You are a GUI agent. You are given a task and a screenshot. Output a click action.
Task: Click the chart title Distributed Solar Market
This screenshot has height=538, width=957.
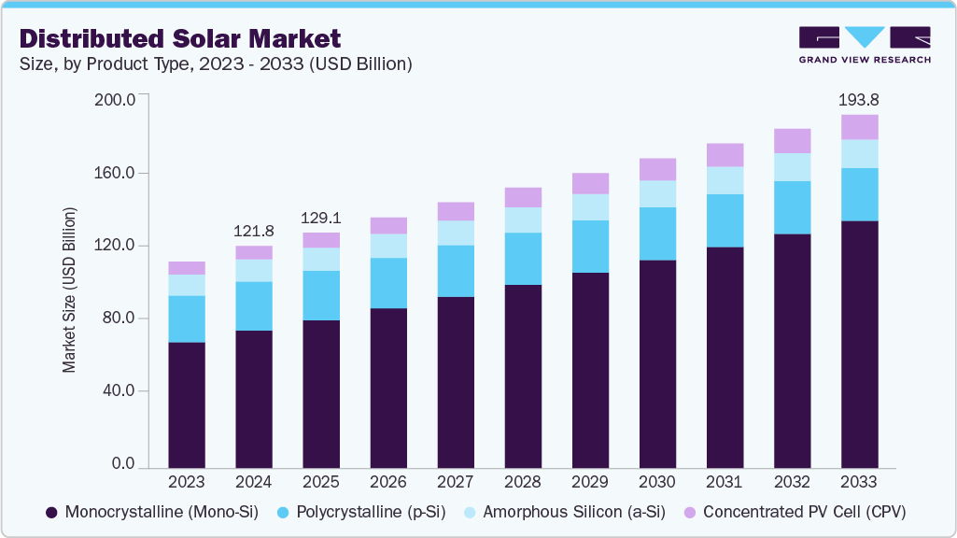pos(180,38)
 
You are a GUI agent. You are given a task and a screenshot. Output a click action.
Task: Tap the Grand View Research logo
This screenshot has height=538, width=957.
pos(864,44)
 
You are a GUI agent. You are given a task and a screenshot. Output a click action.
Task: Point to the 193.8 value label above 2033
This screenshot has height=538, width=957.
pos(859,99)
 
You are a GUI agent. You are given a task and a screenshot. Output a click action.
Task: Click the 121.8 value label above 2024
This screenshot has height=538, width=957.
pos(254,231)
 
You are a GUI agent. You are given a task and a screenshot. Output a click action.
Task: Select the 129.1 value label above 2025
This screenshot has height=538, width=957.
pos(321,218)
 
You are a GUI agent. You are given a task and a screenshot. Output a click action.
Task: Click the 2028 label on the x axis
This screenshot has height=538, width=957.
pos(523,482)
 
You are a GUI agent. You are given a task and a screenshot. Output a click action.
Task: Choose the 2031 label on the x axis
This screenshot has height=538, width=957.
pos(725,482)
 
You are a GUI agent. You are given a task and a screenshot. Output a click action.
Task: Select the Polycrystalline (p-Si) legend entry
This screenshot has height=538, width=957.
pos(360,512)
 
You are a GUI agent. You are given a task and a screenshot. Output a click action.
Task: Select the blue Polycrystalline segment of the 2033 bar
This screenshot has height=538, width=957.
pos(859,194)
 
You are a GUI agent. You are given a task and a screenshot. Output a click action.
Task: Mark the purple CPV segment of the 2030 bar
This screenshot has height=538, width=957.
pos(657,169)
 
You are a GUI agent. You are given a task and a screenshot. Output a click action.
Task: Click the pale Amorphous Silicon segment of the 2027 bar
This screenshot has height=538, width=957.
pos(456,233)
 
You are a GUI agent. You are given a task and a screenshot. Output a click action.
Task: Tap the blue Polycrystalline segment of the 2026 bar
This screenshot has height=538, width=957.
pos(388,283)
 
